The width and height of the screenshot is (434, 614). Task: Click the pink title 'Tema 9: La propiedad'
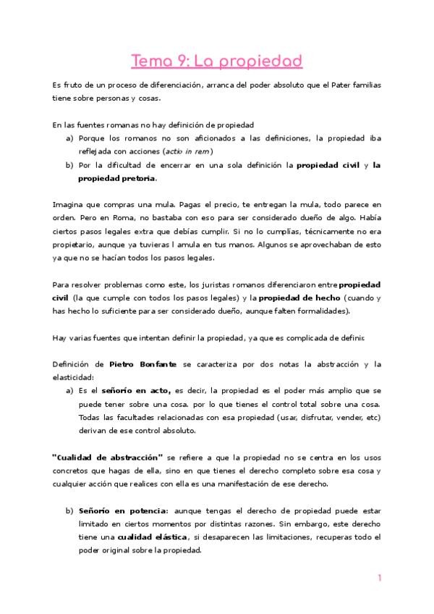tap(216, 62)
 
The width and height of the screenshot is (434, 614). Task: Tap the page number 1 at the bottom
tap(379, 578)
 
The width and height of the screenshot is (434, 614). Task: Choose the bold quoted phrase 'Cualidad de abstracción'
tap(107, 458)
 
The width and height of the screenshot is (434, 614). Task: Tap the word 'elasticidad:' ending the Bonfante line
tap(74, 378)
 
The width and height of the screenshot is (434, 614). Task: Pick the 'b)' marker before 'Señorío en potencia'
tap(69, 510)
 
